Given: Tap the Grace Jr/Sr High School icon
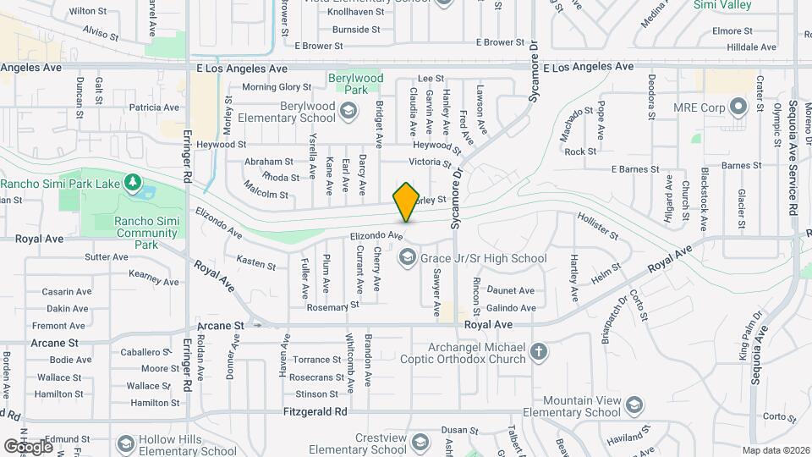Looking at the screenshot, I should click(x=407, y=257).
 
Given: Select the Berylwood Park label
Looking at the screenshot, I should click(x=355, y=84).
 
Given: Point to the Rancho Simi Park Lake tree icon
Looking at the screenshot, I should click(x=131, y=183).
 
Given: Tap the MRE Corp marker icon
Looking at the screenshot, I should click(x=738, y=107).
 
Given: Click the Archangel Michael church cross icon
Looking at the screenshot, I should click(x=538, y=351).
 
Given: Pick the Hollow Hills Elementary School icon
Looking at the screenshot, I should click(x=126, y=443).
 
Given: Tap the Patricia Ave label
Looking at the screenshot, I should click(x=154, y=107).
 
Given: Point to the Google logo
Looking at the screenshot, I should click(x=28, y=446).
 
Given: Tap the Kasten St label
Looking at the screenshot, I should click(x=256, y=263).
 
